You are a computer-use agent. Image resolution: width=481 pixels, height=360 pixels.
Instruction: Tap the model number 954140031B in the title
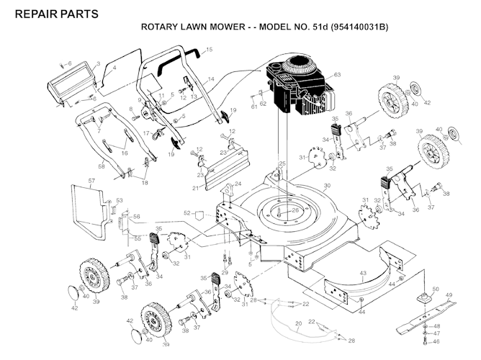[360, 28]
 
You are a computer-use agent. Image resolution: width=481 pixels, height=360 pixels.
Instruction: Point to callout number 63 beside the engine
[336, 74]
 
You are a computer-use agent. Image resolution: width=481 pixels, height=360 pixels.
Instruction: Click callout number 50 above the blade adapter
[435, 289]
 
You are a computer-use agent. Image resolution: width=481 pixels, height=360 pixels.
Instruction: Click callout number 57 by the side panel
[91, 181]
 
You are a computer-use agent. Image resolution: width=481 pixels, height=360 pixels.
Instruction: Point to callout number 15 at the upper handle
[210, 50]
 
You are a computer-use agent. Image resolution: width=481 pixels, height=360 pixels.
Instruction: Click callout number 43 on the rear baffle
[363, 273]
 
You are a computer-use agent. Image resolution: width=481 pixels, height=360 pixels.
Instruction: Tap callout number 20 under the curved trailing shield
[299, 325]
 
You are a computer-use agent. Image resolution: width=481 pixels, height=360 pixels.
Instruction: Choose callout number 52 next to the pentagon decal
[187, 213]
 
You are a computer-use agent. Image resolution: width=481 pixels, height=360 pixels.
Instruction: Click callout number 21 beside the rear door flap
[194, 188]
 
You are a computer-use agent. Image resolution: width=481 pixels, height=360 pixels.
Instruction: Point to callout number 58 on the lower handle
[102, 166]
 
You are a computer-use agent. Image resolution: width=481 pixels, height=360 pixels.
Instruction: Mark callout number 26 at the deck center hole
[295, 210]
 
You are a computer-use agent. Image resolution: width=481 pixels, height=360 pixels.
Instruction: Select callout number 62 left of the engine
[263, 103]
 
